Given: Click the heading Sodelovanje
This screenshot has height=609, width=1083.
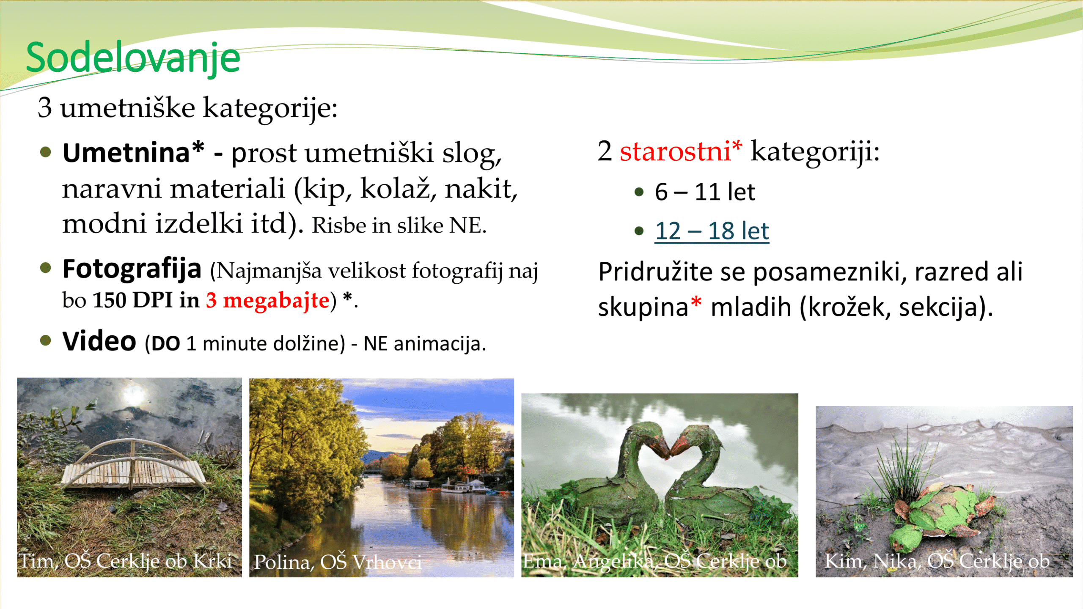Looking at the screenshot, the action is [133, 58].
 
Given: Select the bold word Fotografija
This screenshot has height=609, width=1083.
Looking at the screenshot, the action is [132, 269].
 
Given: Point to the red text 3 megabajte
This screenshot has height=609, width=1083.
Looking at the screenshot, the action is [268, 300].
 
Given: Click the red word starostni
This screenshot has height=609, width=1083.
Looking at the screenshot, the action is [675, 151].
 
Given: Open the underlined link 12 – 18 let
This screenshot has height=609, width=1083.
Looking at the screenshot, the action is [712, 231].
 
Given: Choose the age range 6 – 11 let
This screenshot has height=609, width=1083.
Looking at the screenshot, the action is [705, 192].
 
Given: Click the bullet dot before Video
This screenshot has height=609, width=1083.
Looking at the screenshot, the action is [46, 340].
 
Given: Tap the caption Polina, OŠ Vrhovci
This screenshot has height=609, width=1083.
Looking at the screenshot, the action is [338, 562].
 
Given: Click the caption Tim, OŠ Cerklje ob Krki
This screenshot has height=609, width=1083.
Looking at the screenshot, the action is [126, 561].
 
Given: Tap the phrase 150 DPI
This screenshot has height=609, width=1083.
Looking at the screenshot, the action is [133, 300].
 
